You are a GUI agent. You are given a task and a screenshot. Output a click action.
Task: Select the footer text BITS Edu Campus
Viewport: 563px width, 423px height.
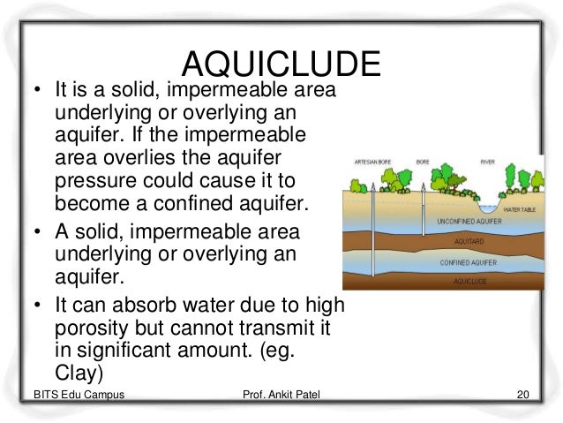(x=74, y=393)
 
